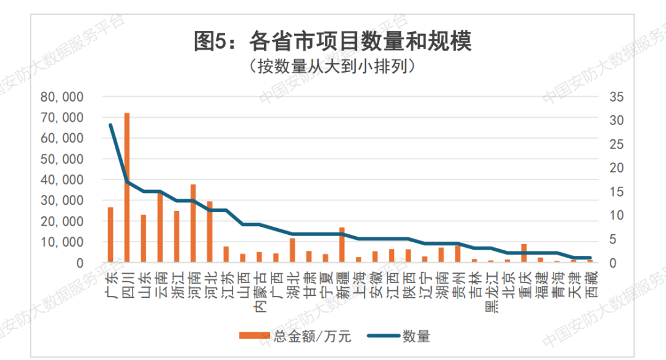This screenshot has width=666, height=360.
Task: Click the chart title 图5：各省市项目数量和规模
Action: [x=332, y=42]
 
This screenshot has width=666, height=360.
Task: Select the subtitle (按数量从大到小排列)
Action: [x=332, y=66]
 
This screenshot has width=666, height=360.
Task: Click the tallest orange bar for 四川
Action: [x=127, y=185]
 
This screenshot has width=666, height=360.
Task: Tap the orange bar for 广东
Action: [x=110, y=234]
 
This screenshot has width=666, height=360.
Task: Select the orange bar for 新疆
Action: [x=342, y=245]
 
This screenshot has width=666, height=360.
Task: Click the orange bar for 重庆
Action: [x=524, y=253]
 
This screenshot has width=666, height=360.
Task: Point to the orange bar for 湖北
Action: [x=292, y=250]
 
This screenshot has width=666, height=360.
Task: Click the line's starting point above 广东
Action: [x=110, y=125]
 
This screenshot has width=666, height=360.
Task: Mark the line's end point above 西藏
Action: [x=590, y=258]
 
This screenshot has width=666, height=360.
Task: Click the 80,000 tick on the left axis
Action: [x=62, y=97]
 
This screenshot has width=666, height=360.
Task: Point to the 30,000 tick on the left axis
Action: [x=62, y=200]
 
